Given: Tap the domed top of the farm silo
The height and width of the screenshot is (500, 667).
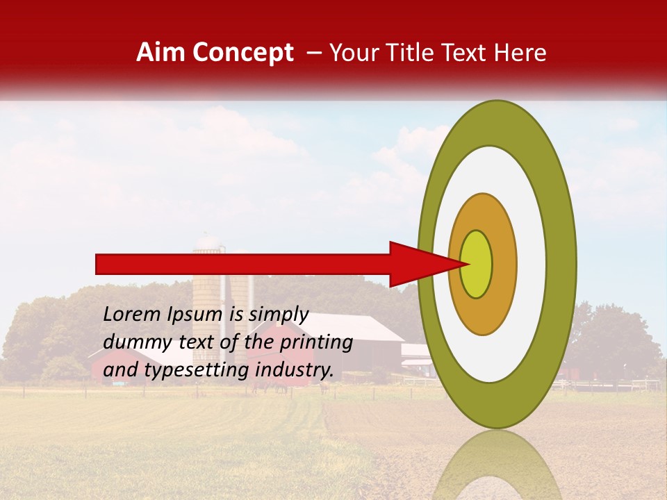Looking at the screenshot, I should tap(208, 242).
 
